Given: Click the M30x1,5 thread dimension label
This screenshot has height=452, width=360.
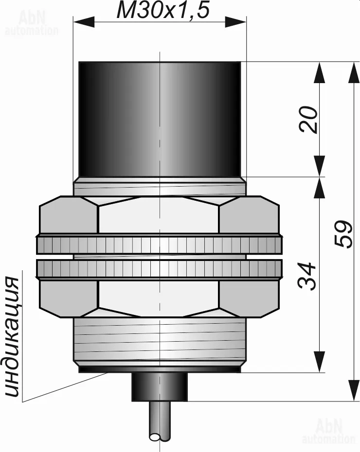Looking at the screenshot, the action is coord(162,11).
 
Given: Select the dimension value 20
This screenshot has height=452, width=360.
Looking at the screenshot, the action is coord(308,120).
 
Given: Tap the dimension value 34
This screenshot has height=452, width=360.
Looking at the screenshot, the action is coord(306,276).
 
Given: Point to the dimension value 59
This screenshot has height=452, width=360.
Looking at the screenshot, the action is coord(343,233).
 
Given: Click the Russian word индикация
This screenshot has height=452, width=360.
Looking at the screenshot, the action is coord(12,337).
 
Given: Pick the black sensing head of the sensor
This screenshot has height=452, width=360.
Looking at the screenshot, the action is coord(160,119).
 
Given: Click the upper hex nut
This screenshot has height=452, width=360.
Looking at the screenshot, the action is coord(159,215).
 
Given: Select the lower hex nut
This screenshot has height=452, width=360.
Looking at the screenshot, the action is coord(159,298).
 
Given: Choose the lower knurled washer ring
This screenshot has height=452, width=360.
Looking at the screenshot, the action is coord(159,269).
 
